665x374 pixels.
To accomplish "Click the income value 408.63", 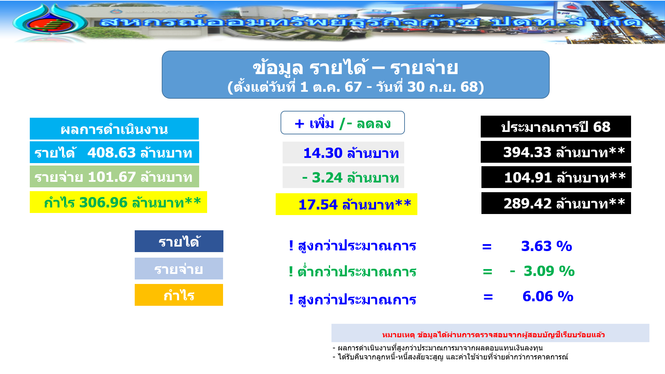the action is click(112, 153).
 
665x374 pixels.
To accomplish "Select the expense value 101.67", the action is click(112, 177).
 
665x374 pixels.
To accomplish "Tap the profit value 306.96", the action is click(103, 203).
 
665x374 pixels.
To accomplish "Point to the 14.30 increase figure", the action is click(323, 153).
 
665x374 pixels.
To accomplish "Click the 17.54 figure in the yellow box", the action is click(318, 205).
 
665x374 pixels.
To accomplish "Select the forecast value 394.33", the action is click(527, 152).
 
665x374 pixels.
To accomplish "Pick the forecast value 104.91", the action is click(528, 178).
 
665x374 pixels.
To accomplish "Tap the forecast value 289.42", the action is click(527, 204).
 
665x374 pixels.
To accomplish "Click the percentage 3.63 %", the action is click(547, 246).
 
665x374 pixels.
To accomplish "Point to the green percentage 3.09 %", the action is click(549, 271).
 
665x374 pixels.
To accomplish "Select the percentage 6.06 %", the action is click(548, 296).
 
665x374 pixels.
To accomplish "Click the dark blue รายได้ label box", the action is click(179, 241).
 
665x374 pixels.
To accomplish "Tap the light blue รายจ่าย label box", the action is click(179, 269).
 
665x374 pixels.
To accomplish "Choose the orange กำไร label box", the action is click(179, 295).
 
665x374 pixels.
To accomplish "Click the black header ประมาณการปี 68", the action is click(556, 127).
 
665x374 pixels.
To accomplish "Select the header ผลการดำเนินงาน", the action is click(114, 129).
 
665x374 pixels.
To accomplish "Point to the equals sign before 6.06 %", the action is click(488, 297).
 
